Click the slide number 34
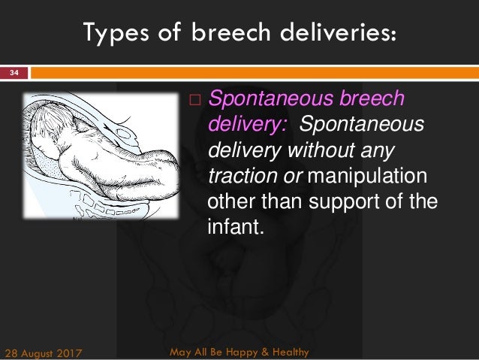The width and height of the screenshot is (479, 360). pyautogui.click(x=14, y=73)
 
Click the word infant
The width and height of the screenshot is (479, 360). pyautogui.click(x=235, y=225)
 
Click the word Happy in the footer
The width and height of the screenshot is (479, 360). pyautogui.click(x=240, y=352)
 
